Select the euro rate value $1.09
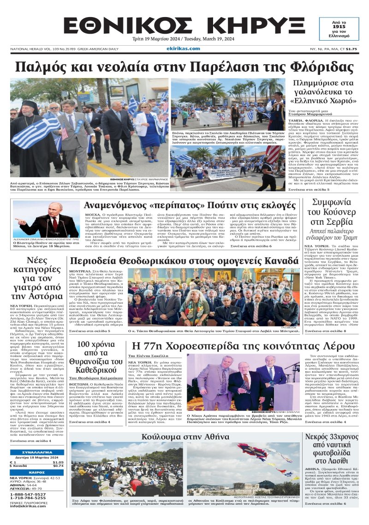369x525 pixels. pyautogui.click(x=58, y=462)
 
